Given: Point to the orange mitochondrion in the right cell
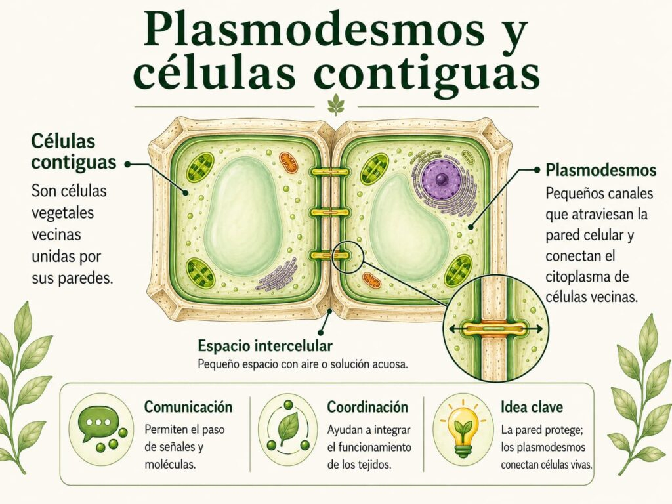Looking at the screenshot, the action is [x=371, y=280].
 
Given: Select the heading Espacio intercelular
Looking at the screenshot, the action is [x=265, y=345].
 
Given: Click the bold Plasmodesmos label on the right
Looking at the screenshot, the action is [x=601, y=170].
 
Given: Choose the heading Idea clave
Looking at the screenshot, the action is [x=532, y=407].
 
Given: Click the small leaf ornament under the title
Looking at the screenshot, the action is [x=335, y=106].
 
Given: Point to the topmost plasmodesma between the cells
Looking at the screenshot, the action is [x=331, y=173].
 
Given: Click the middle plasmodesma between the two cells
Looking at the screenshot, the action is [x=331, y=212].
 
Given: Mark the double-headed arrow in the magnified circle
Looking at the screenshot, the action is [x=495, y=329].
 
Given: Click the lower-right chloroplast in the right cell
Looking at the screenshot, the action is [x=458, y=271].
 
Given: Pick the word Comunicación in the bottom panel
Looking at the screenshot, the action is [x=188, y=407].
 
